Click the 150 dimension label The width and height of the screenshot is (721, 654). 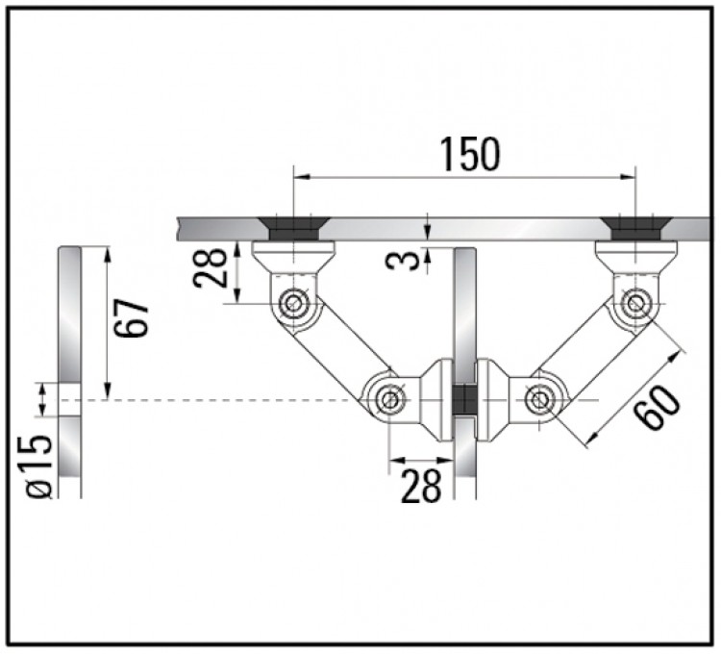point(470,154)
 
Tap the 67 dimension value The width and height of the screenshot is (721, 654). point(132,318)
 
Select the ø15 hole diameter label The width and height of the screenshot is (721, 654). point(38,465)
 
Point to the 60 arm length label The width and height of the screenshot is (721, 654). point(657,408)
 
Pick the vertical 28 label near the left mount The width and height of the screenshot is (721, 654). point(211,268)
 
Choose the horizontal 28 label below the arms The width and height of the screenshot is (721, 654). point(421,485)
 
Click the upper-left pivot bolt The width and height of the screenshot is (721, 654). point(292,303)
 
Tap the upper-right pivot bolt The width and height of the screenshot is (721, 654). point(636,303)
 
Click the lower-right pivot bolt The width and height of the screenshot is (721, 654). point(538,400)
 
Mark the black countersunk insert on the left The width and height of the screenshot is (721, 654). point(293,229)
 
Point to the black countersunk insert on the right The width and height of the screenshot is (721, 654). point(636,229)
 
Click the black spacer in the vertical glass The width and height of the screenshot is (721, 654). point(465,399)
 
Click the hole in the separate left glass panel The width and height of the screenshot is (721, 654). point(69,400)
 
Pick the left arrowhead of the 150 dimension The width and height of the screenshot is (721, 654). point(301,176)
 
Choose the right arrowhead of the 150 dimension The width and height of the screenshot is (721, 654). point(628,176)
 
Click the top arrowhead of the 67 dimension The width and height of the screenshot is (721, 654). point(108,254)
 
